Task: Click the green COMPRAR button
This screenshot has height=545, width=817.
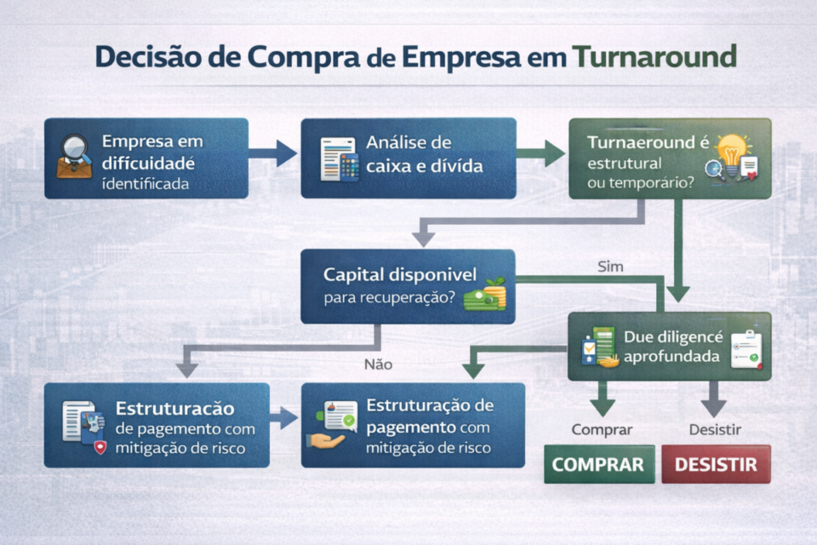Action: (x=599, y=465)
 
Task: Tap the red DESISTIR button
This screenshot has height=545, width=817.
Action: (x=716, y=465)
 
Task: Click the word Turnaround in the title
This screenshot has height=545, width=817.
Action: (x=654, y=56)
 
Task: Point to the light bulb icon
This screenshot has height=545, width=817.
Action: (x=731, y=151)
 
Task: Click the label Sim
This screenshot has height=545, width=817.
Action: (x=611, y=267)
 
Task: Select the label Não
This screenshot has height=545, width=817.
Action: (x=378, y=364)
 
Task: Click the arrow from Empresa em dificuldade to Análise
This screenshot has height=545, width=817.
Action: (x=273, y=154)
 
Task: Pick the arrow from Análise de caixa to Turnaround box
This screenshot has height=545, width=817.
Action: (x=541, y=154)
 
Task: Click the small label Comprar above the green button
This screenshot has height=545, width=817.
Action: (x=602, y=430)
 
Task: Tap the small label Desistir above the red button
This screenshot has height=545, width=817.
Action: (x=714, y=430)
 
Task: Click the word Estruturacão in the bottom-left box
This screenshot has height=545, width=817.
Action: (x=175, y=408)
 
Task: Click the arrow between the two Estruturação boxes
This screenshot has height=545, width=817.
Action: (x=285, y=418)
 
